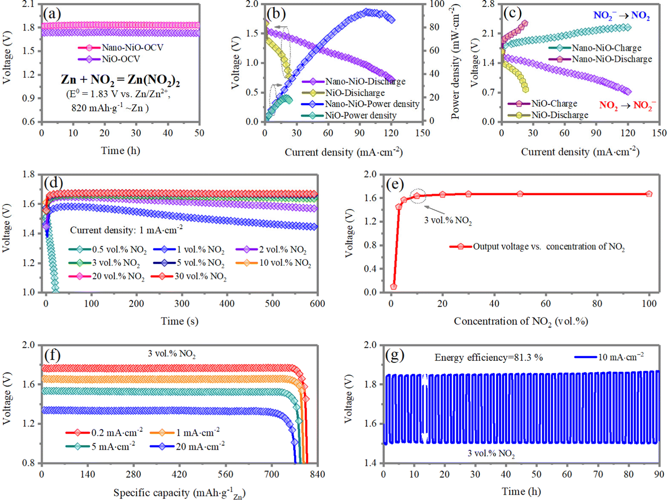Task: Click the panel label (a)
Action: tap(52, 14)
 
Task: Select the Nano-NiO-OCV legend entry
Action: tap(121, 48)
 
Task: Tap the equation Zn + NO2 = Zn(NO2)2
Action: tap(120, 80)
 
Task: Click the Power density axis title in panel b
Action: tap(455, 62)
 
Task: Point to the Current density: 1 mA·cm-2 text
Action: tap(126, 230)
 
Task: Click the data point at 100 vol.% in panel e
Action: tap(649, 194)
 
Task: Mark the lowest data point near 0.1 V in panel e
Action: tap(394, 286)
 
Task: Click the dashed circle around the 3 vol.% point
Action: tap(417, 196)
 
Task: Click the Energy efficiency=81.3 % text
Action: tap(488, 357)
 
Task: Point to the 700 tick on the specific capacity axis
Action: tap(271, 474)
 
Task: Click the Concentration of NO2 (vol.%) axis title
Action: tap(521, 321)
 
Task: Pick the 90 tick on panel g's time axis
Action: tap(659, 474)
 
